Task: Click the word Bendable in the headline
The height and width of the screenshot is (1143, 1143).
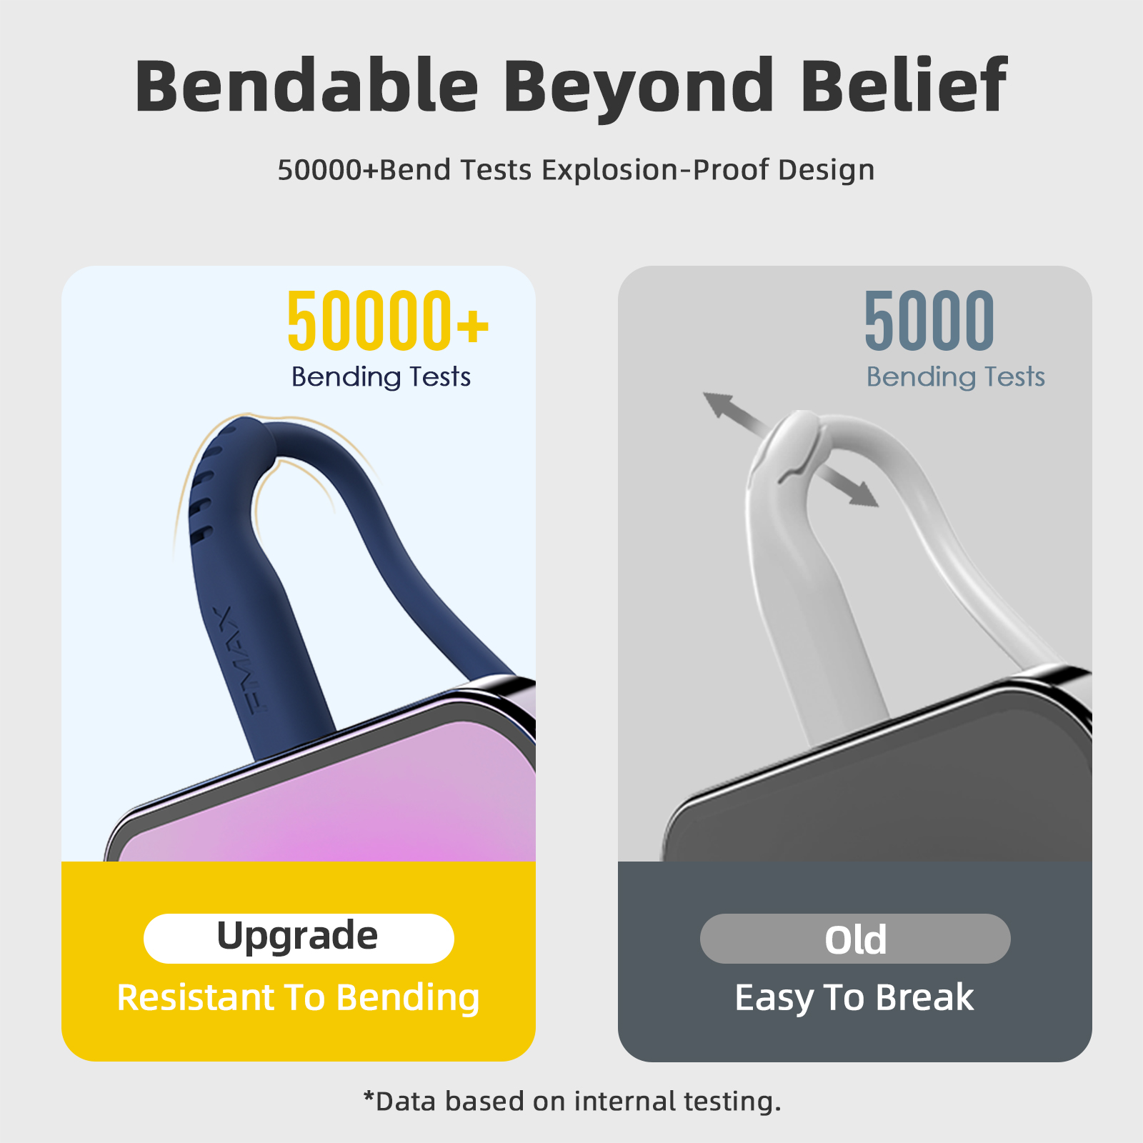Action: click(x=306, y=86)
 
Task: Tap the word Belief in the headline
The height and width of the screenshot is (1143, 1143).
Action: click(x=903, y=86)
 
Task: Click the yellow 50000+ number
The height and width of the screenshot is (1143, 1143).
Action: click(x=388, y=321)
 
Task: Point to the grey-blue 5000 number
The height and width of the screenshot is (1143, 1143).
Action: click(x=929, y=321)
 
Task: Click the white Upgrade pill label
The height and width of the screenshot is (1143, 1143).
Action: click(x=299, y=938)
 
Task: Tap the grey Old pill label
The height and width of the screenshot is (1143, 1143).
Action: click(x=855, y=939)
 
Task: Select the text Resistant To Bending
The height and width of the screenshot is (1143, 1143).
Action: click(x=298, y=998)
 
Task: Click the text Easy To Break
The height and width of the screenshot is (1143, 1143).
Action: click(x=854, y=997)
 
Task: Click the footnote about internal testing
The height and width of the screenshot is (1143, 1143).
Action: click(x=572, y=1101)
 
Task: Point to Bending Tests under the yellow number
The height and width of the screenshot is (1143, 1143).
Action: click(x=381, y=377)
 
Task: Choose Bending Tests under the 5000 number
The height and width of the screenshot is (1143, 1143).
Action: click(x=955, y=377)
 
